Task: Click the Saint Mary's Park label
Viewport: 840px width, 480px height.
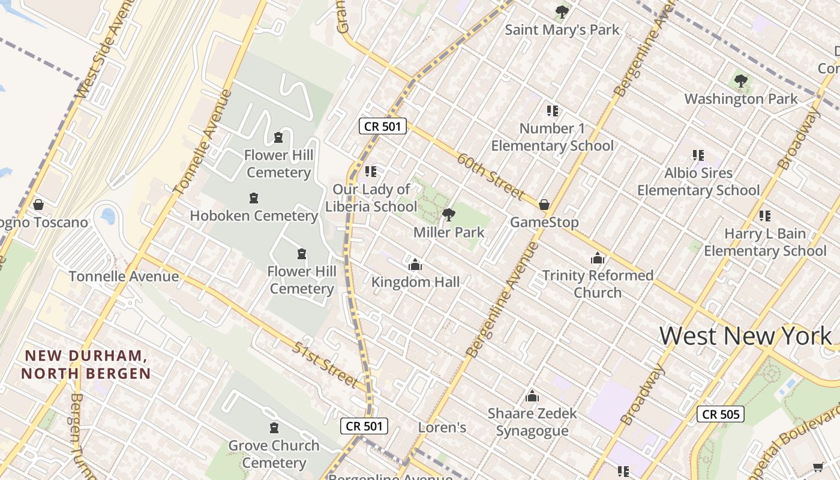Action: [562, 29]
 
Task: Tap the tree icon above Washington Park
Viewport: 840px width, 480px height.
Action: [741, 80]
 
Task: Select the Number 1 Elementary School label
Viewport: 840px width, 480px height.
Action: [552, 137]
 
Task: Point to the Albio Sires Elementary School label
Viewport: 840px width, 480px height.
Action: [698, 181]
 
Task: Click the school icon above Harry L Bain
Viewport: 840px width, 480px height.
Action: [764, 215]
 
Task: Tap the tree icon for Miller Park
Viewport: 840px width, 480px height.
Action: [448, 214]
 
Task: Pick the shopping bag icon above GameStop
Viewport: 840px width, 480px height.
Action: [544, 205]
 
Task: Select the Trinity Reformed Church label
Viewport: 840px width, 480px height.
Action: [598, 284]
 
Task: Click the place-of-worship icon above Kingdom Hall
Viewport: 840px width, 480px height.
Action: [415, 265]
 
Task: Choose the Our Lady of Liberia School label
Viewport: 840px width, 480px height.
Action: [371, 198]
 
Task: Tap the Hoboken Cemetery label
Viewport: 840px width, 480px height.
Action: [254, 215]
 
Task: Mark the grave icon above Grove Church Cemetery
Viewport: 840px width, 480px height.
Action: [274, 428]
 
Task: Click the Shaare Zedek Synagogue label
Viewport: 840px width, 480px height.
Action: [532, 422]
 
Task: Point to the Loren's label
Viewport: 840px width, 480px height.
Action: [442, 428]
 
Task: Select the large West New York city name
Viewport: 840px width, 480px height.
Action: [746, 335]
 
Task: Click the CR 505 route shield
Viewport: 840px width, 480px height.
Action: [720, 414]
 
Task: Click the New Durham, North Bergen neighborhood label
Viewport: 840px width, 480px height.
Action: [86, 364]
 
